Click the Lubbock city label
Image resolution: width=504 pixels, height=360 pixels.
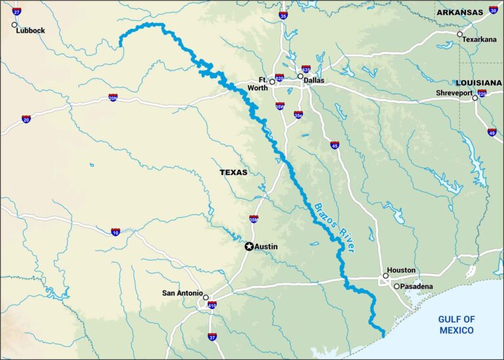click(31, 31)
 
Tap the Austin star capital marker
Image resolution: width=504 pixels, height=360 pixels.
click(249, 247)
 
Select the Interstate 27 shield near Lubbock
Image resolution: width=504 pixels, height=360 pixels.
click(16, 11)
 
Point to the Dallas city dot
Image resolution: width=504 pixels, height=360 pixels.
click(301, 76)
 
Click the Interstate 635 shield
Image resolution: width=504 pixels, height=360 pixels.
click(306, 68)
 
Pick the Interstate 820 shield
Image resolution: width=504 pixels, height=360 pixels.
click(280, 77)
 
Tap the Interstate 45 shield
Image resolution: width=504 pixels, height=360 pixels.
click(335, 144)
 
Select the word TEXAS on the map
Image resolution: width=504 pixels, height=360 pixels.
click(234, 172)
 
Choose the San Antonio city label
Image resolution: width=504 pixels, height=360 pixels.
click(181, 293)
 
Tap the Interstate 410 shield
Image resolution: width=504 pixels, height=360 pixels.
click(212, 305)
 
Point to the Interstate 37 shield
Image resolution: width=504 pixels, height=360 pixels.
click(212, 337)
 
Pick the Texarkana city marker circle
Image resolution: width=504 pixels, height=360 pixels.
click(459, 34)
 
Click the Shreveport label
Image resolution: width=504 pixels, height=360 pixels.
click(454, 93)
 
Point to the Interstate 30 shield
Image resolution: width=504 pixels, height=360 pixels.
click(493, 10)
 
